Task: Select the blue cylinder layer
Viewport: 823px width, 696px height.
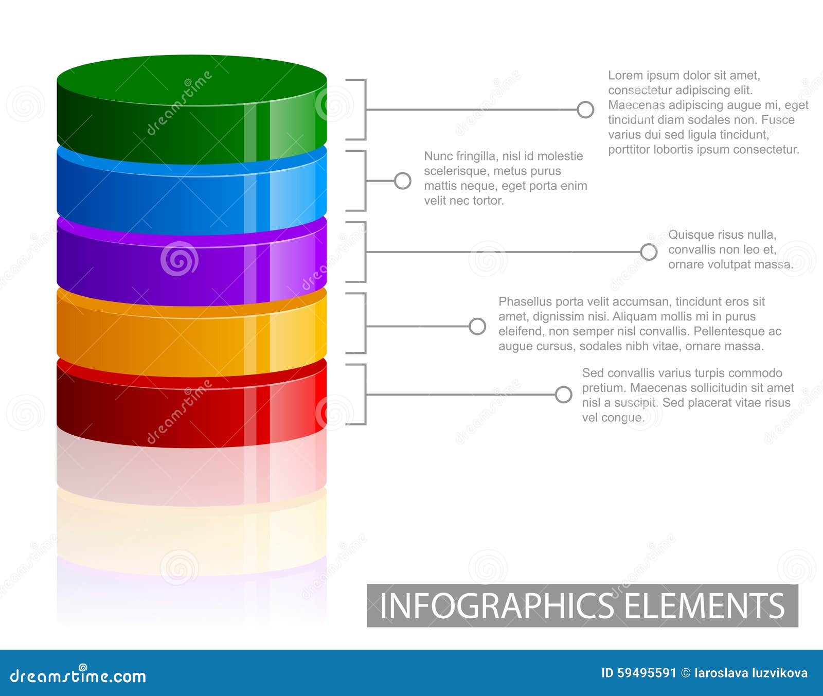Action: pyautogui.click(x=191, y=201)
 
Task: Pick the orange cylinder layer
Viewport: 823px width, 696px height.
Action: pyautogui.click(x=191, y=342)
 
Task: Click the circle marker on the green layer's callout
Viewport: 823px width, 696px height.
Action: pyautogui.click(x=585, y=110)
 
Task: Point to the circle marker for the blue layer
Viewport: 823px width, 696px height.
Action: pyautogui.click(x=402, y=181)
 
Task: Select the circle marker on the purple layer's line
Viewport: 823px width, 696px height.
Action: pyautogui.click(x=649, y=252)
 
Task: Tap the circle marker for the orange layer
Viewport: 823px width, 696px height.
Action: pyautogui.click(x=477, y=326)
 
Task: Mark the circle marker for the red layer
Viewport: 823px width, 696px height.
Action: pyautogui.click(x=563, y=395)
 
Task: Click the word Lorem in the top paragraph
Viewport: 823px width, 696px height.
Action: pyautogui.click(x=625, y=76)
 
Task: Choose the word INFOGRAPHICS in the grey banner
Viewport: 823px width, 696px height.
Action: pyautogui.click(x=496, y=605)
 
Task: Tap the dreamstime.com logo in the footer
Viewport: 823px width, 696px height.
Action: pyautogui.click(x=78, y=675)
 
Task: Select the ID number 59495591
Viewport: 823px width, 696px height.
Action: pyautogui.click(x=647, y=673)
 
